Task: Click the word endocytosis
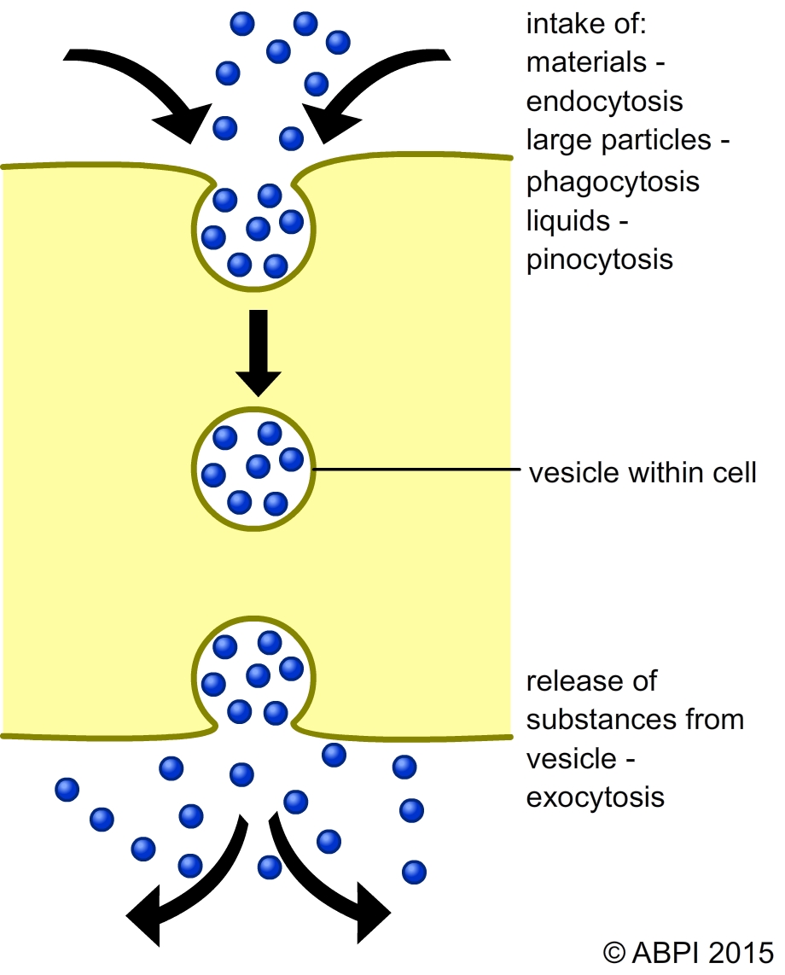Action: pyautogui.click(x=605, y=102)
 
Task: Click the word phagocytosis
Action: pyautogui.click(x=613, y=181)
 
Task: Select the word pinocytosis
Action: pyautogui.click(x=600, y=259)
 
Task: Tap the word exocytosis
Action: pyautogui.click(x=595, y=797)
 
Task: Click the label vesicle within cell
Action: pyautogui.click(x=643, y=471)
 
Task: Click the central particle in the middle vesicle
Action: pyautogui.click(x=258, y=466)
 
